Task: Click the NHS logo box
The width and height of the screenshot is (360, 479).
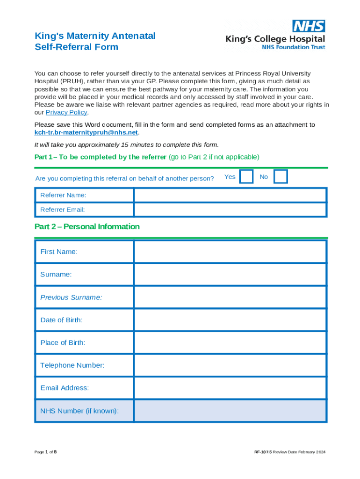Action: coord(309,26)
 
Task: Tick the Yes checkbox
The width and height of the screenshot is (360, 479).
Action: coord(246,177)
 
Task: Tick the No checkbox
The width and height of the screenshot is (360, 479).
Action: coord(281,177)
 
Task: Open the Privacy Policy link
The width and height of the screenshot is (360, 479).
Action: coord(66,112)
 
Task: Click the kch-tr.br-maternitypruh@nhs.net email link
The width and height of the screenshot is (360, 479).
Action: coord(86,132)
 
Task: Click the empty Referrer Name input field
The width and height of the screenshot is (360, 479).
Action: coord(230,195)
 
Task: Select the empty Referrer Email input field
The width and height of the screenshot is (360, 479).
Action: coord(230,210)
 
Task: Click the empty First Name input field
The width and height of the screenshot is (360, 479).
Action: coord(230,252)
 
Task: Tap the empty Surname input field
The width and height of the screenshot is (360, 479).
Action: coord(230,275)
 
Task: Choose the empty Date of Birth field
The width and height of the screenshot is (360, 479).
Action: coord(230,320)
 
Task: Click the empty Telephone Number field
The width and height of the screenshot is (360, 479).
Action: coord(230,365)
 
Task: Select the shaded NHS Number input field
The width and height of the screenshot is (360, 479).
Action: coord(230,411)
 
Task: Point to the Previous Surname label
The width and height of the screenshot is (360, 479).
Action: coord(71,298)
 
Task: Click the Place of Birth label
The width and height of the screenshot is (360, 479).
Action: coord(63,343)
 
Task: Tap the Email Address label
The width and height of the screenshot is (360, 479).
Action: coord(65,388)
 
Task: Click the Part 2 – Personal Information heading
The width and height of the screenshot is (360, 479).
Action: coord(87,227)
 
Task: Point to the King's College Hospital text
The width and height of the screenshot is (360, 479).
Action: coord(275,39)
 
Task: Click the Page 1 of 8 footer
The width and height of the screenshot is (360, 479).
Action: coord(46,452)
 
